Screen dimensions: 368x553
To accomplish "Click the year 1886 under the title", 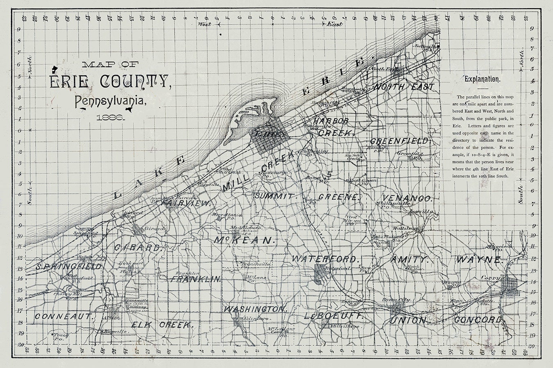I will [x=111, y=117].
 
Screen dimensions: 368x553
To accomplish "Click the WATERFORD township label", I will [x=326, y=259].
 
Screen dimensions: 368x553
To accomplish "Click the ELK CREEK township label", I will [x=162, y=325].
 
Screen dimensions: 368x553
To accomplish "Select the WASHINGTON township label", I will [x=254, y=309].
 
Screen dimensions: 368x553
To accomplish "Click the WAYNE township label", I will [x=478, y=260].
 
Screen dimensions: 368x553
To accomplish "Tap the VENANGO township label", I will [x=407, y=198].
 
